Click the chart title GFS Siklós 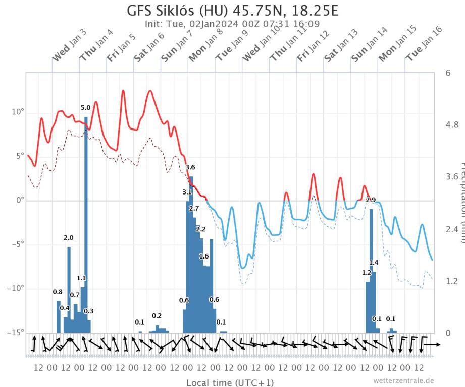[x=232, y=11]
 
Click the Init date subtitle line [x=232, y=23]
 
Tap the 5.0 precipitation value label [x=86, y=108]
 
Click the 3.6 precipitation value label [x=190, y=167]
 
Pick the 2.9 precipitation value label [x=371, y=200]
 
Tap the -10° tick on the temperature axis [x=14, y=288]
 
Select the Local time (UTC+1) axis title [x=230, y=383]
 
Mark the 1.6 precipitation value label [x=204, y=256]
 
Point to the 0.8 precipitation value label [x=58, y=292]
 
